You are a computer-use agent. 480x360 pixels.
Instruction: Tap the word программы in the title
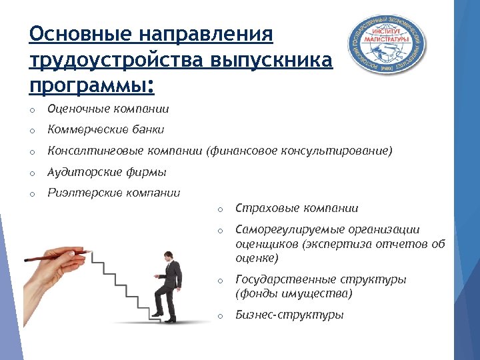(x=88, y=87)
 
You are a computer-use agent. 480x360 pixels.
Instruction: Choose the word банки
(x=147, y=130)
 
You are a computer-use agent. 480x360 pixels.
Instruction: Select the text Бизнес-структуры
(x=289, y=315)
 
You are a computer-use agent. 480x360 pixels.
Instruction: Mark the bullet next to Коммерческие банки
(x=31, y=131)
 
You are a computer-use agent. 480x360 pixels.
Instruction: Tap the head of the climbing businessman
(x=167, y=256)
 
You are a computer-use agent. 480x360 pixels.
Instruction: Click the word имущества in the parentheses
(x=321, y=293)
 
